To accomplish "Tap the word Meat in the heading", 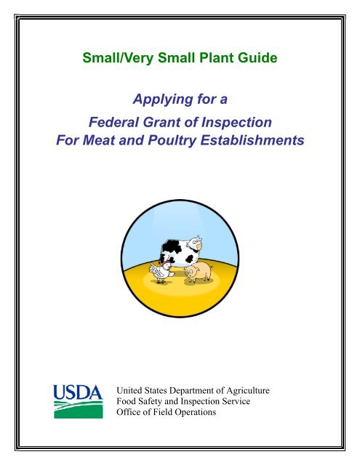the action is [99, 140].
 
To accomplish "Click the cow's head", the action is [195, 243].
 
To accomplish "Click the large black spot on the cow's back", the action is [170, 248].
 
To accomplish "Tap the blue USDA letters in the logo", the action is [78, 392].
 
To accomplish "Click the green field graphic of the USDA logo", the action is [79, 410].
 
